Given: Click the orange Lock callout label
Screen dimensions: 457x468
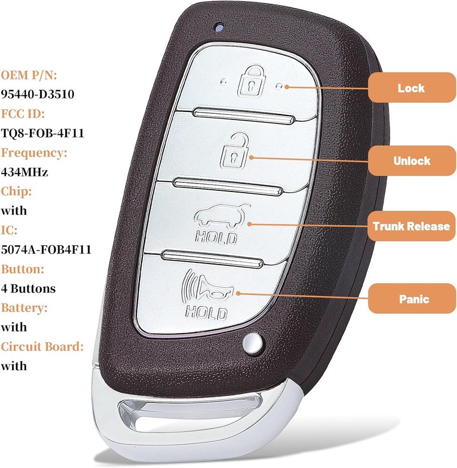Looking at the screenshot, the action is pos(412,87).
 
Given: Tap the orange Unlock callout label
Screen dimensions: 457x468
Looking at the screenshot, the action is pos(412,161).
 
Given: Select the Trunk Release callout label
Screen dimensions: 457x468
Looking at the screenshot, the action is pos(411,226).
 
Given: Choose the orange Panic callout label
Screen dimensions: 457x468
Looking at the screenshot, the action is pos(412,298).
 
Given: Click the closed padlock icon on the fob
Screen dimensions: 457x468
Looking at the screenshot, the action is pos(251,81).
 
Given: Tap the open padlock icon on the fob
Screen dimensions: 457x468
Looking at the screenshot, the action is pos(234,151).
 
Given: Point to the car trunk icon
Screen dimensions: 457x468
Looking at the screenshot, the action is pos(222,215).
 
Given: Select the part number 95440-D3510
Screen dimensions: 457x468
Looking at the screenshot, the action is pos(38,94).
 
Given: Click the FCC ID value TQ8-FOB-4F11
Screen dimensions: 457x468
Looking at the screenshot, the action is pos(42,133).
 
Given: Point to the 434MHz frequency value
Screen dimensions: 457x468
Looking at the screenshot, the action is pos(25,172).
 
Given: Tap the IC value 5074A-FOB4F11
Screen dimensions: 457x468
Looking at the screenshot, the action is pos(46,250).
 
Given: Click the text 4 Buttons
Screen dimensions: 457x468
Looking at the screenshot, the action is pos(29,289).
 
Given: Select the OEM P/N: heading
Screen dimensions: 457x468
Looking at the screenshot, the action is pos(29,75).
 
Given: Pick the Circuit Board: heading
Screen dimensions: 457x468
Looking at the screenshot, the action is pos(42,346).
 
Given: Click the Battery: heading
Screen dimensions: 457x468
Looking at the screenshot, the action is pos(24,308).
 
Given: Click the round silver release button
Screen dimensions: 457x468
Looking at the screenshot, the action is pos(252,343).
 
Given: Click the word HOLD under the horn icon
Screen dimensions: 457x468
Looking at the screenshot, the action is pos(206,313).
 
